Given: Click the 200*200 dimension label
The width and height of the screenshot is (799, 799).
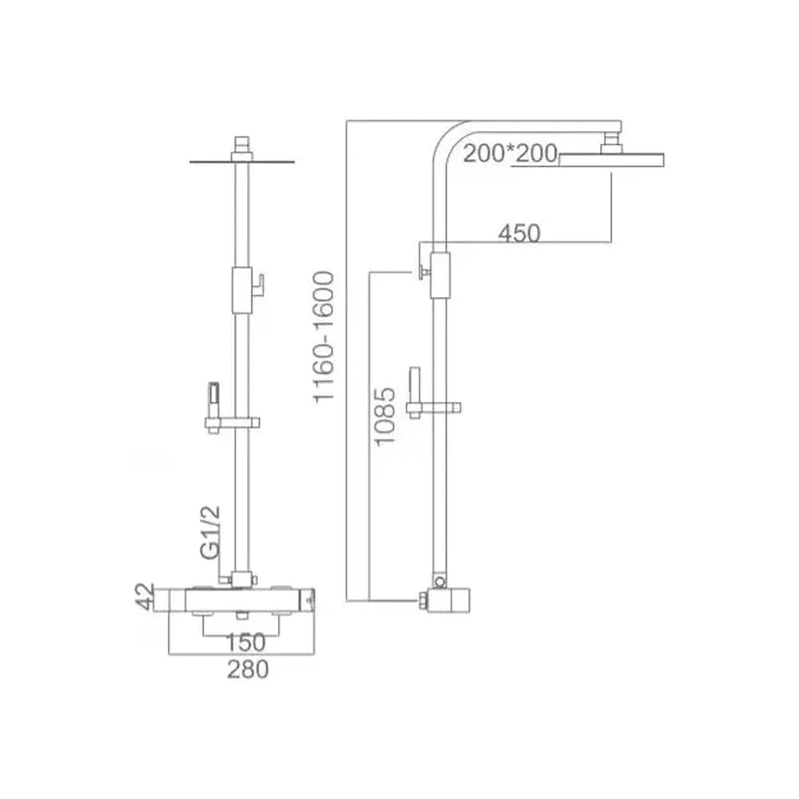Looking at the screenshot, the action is [510, 153].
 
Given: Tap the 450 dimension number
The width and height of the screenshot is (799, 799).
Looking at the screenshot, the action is [519, 233].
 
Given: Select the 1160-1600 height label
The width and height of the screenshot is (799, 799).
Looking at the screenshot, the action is [324, 337].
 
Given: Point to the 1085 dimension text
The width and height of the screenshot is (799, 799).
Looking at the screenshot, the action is [385, 417].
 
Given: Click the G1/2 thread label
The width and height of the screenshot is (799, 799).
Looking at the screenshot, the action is [210, 532].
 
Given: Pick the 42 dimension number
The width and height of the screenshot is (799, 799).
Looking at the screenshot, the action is [145, 596].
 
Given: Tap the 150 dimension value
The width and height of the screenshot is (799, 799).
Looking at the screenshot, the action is [245, 642].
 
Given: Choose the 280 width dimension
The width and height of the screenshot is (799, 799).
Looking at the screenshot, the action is [248, 669].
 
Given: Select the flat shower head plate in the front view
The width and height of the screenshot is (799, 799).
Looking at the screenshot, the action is [242, 162].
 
